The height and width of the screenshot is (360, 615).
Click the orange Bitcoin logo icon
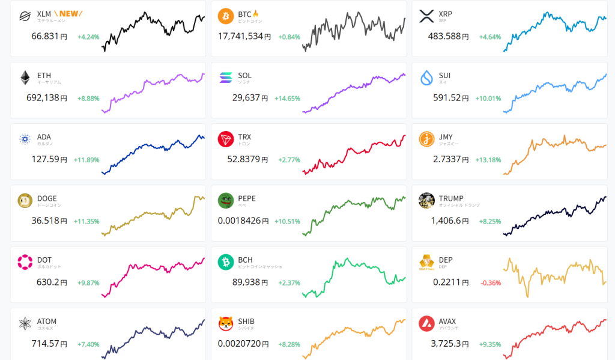pos(226,15)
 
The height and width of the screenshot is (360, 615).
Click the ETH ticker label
pos(44,76)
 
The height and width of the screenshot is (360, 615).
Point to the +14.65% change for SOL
pos(287,98)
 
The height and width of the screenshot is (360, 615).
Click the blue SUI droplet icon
pos(426,78)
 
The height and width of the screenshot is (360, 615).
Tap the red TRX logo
pos(226,139)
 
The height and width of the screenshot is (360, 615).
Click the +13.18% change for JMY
pos(488,159)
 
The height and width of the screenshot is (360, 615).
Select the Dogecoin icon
pos(25,201)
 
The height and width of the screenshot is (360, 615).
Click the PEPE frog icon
pos(226,201)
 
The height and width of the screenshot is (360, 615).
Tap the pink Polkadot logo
pos(25,262)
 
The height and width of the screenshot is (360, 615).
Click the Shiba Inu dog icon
pos(226,323)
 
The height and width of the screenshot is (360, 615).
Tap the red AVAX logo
pos(426,323)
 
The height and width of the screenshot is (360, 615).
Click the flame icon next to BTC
pos(256,13)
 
